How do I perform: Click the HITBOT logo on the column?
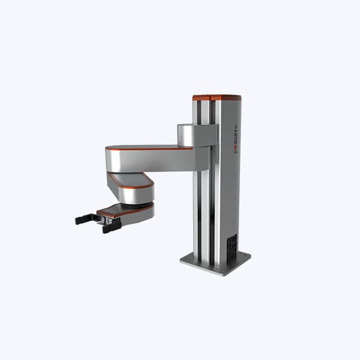pyautogui.click(x=235, y=139)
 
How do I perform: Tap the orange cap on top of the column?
pyautogui.click(x=217, y=97)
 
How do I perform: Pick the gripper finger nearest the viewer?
pyautogui.click(x=112, y=225)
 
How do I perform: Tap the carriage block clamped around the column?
pyautogui.click(x=196, y=135)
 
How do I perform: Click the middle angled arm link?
pyautogui.click(x=131, y=188)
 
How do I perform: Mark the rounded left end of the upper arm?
pyautogui.click(x=110, y=160)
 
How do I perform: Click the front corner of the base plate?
pyautogui.click(x=215, y=274)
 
